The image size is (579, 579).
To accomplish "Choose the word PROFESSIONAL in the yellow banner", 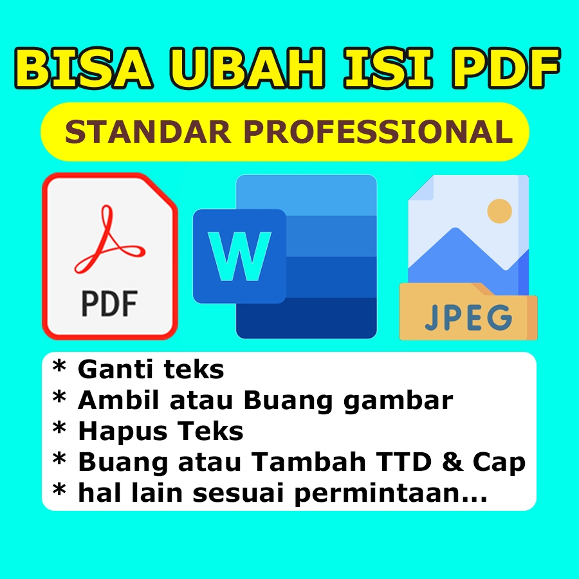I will click(x=379, y=133).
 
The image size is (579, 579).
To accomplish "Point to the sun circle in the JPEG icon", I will click(x=499, y=210).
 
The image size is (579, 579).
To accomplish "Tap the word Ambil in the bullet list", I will click(x=114, y=401).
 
